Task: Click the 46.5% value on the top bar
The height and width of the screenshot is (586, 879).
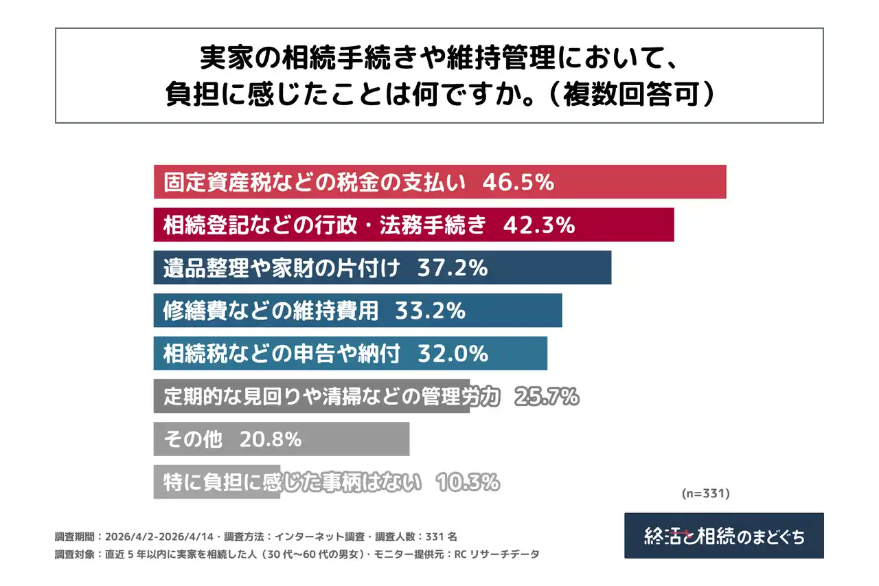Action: click(518, 182)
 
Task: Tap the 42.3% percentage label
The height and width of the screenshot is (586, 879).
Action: click(539, 225)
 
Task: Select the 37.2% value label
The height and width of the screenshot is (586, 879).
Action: click(453, 268)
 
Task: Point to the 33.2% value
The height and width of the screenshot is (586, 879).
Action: click(431, 311)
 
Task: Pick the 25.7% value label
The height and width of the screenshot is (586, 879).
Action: click(545, 396)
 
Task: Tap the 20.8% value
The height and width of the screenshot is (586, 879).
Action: click(270, 439)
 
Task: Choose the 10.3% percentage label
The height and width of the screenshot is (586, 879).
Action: click(467, 482)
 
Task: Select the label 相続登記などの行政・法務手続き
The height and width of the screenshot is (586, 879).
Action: click(325, 225)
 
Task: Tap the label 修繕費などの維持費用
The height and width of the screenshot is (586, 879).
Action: click(271, 311)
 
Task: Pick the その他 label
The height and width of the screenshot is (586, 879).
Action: click(193, 439)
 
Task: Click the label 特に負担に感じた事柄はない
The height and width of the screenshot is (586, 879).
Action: click(292, 482)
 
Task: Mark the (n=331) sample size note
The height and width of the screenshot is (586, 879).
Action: click(705, 493)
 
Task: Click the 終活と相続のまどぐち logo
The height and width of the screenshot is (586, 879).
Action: click(724, 536)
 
